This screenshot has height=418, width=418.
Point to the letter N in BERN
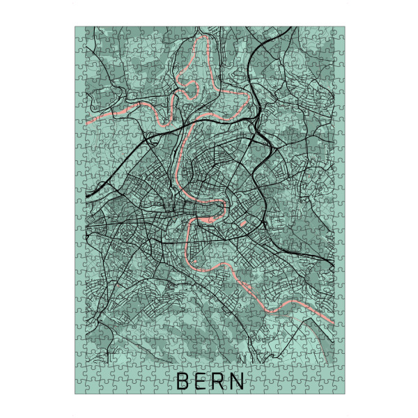tap(239, 381)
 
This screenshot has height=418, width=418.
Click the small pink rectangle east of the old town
tap(244, 224)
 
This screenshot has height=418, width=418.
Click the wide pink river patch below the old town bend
tap(207, 221)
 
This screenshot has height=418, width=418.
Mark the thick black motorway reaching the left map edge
tap(86, 198)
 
